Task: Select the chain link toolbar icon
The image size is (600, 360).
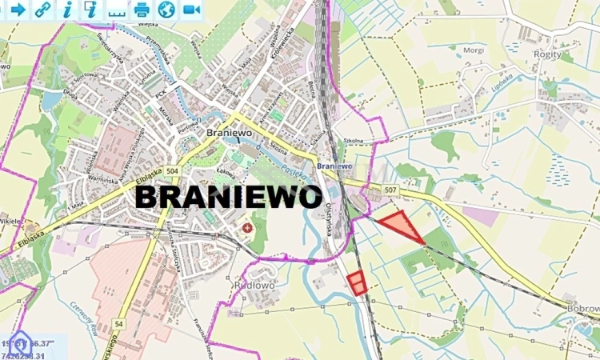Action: [42, 9]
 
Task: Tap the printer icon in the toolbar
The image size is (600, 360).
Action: [142, 9]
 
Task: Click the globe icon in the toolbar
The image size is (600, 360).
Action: [166, 9]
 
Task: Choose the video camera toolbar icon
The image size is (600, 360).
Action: [191, 9]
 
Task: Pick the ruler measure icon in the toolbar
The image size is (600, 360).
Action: [117, 10]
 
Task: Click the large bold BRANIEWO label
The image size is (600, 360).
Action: [229, 197]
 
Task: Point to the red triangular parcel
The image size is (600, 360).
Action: [402, 226]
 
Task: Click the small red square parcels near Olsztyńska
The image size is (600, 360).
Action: [357, 282]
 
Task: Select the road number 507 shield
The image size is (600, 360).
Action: [390, 190]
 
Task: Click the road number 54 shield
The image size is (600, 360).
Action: [119, 322]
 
